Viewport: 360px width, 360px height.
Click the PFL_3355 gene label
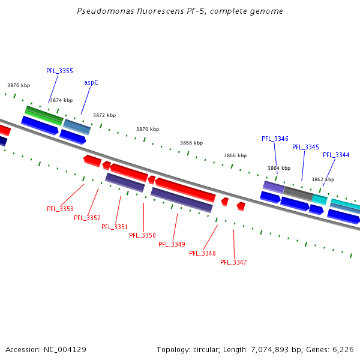click(59, 71)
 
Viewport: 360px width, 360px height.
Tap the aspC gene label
click(91, 82)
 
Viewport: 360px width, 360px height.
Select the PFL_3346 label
click(275, 139)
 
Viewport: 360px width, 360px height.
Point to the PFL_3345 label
click(305, 147)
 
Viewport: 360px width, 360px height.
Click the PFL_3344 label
click(336, 155)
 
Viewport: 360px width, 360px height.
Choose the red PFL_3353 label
click(60, 209)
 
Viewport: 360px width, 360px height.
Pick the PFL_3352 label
click(87, 218)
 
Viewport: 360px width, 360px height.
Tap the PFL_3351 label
click(115, 227)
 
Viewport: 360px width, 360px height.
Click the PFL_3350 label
click(142, 235)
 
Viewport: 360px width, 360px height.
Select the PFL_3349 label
click(172, 244)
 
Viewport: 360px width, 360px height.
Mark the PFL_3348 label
click(202, 253)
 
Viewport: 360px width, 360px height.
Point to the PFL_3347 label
click(233, 262)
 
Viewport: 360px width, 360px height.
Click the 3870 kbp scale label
click(148, 129)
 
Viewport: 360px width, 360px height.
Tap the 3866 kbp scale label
click(235, 155)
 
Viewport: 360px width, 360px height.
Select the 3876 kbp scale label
click(19, 85)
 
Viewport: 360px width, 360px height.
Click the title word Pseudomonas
click(101, 11)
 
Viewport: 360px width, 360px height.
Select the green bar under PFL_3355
click(44, 115)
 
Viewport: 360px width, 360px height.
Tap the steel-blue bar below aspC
click(77, 127)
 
